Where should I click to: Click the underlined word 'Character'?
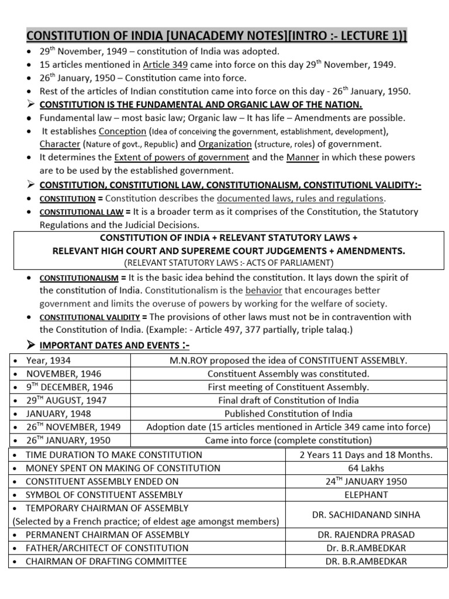pyautogui.click(x=60, y=144)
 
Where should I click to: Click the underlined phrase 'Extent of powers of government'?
pyautogui.click(x=182, y=157)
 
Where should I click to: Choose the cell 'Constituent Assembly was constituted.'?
pyautogui.click(x=288, y=374)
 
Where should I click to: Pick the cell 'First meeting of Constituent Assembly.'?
pyautogui.click(x=288, y=387)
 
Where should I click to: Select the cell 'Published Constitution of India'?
pyautogui.click(x=288, y=414)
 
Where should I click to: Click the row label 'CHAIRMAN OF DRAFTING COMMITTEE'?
pyautogui.click(x=106, y=562)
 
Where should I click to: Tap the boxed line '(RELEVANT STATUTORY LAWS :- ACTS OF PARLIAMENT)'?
pyautogui.click(x=229, y=261)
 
